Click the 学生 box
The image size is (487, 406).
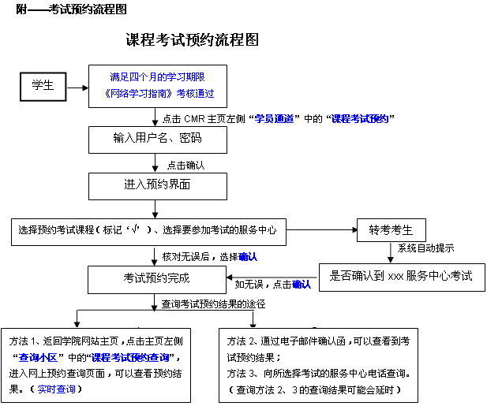(x=43, y=86)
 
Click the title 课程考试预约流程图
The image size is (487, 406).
(x=193, y=40)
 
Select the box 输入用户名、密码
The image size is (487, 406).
(x=158, y=139)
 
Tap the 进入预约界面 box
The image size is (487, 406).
(x=158, y=185)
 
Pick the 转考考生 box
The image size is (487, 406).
(x=391, y=230)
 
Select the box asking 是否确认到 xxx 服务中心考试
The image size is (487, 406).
(x=401, y=277)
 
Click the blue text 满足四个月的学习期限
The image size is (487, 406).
(x=158, y=77)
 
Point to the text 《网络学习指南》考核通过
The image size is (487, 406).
(x=158, y=93)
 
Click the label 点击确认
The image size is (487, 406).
(x=185, y=165)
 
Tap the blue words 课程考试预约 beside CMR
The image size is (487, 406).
(x=362, y=118)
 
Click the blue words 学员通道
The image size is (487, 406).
(x=276, y=118)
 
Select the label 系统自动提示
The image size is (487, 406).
(x=425, y=248)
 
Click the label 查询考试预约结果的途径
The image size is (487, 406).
(x=213, y=303)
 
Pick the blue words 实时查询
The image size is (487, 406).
(x=59, y=389)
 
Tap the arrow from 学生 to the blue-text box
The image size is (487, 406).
(x=78, y=86)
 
